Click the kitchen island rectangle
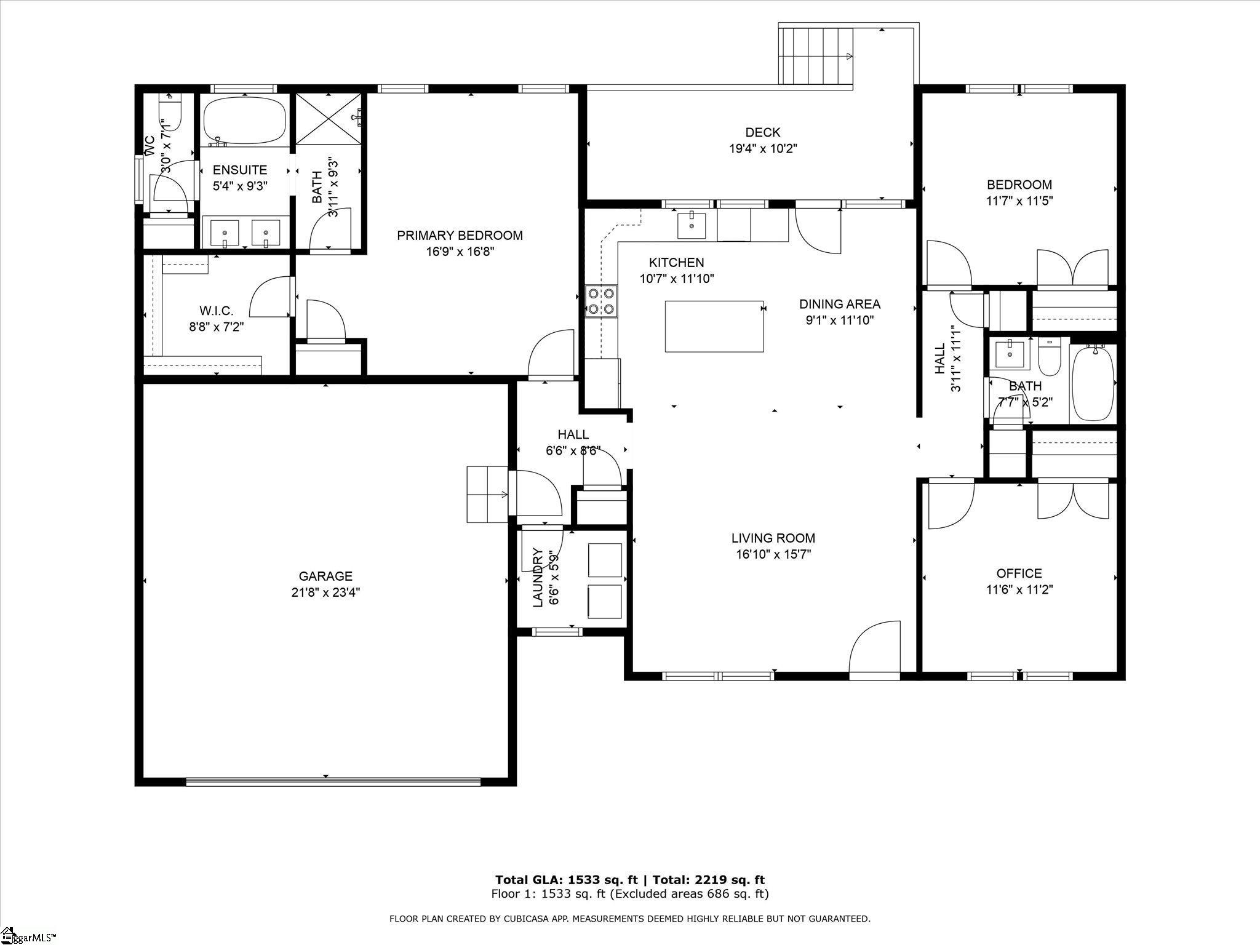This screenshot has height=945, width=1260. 714,326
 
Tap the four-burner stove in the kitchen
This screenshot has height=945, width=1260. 601,301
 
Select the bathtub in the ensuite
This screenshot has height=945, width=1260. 244,119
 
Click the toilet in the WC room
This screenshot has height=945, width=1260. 170,112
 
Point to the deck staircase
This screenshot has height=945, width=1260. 816,57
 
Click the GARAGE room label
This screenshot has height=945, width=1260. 325,576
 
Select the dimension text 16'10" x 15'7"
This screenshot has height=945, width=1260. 773,554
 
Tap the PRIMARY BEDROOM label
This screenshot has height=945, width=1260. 460,235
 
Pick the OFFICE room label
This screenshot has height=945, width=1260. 1019,573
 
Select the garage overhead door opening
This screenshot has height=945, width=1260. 333,782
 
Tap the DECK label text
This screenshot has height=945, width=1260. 762,132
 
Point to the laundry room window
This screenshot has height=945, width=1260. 557,631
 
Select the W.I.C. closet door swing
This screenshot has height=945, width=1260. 271,297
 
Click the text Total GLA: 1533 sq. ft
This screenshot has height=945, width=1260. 567,880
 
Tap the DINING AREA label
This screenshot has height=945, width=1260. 839,304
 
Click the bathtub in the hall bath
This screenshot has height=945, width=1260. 1093,382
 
